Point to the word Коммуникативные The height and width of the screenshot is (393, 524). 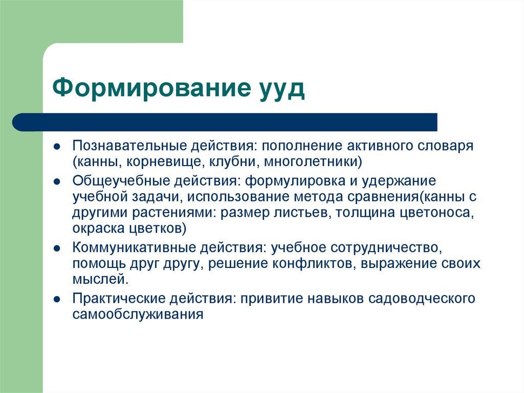click(x=132, y=247)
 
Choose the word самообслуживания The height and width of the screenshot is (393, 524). click(x=138, y=314)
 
